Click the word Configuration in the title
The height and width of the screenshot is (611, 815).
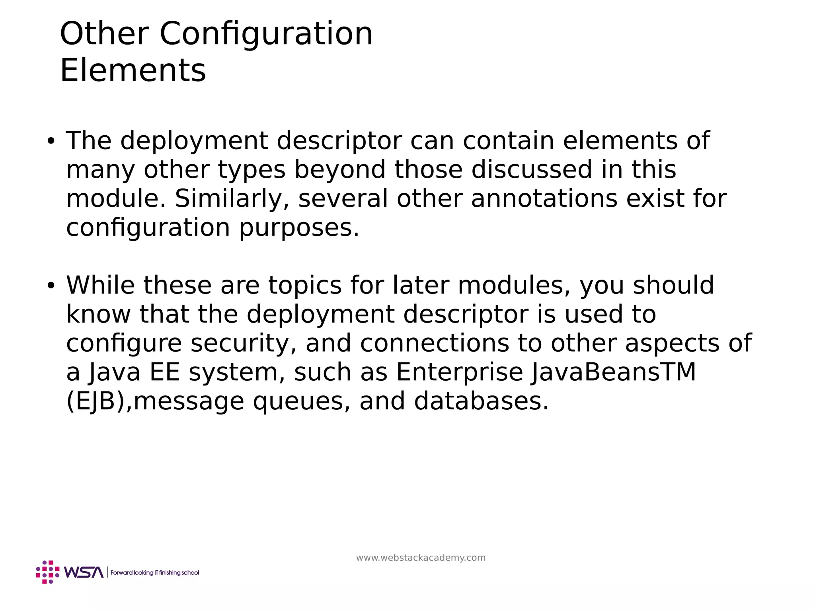(266, 33)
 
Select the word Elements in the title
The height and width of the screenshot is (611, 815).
(133, 70)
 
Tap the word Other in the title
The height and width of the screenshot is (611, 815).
(104, 33)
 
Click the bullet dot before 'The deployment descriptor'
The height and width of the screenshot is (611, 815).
(50, 141)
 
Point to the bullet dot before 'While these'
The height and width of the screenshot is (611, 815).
(50, 286)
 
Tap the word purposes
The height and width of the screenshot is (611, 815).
(299, 228)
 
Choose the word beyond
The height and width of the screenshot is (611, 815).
(339, 170)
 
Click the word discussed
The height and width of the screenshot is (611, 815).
(532, 169)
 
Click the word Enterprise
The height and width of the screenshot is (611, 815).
(459, 372)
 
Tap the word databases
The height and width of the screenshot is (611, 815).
(482, 401)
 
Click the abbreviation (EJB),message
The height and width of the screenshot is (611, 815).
(155, 401)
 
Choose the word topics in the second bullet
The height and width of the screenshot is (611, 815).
(305, 286)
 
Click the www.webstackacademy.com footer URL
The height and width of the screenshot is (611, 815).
(421, 558)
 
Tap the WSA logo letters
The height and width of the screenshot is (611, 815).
(84, 572)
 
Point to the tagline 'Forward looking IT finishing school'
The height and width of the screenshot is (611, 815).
(155, 572)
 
